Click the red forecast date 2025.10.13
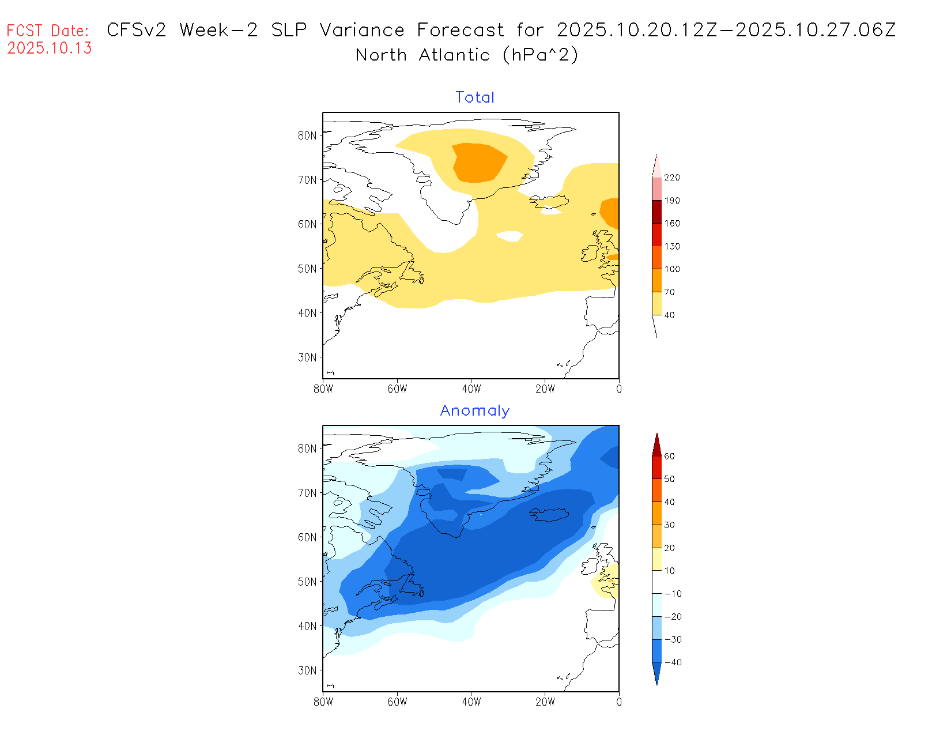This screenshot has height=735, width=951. tap(50, 48)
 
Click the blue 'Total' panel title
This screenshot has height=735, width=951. tap(475, 97)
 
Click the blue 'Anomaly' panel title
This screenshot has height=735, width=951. tap(475, 410)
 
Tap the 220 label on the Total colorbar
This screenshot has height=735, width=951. tap(672, 178)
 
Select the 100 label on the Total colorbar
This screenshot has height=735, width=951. tap(672, 269)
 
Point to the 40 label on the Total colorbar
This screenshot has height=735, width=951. tap(669, 315)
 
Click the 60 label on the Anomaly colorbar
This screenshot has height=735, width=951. tap(669, 456)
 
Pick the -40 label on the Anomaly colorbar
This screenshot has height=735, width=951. tap(673, 662)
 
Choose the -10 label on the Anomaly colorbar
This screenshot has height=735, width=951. tap(673, 594)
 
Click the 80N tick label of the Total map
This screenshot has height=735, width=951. tap(307, 135)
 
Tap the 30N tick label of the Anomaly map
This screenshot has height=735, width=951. tap(307, 670)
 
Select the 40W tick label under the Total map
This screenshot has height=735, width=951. tap(471, 389)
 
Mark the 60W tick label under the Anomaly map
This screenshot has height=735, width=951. tap(397, 702)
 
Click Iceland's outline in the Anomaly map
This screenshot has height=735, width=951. tap(550, 514)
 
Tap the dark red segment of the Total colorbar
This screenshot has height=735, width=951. tap(656, 212)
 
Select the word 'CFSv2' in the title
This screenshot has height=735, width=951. tap(137, 30)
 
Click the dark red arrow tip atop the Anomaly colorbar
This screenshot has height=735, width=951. tap(656, 445)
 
